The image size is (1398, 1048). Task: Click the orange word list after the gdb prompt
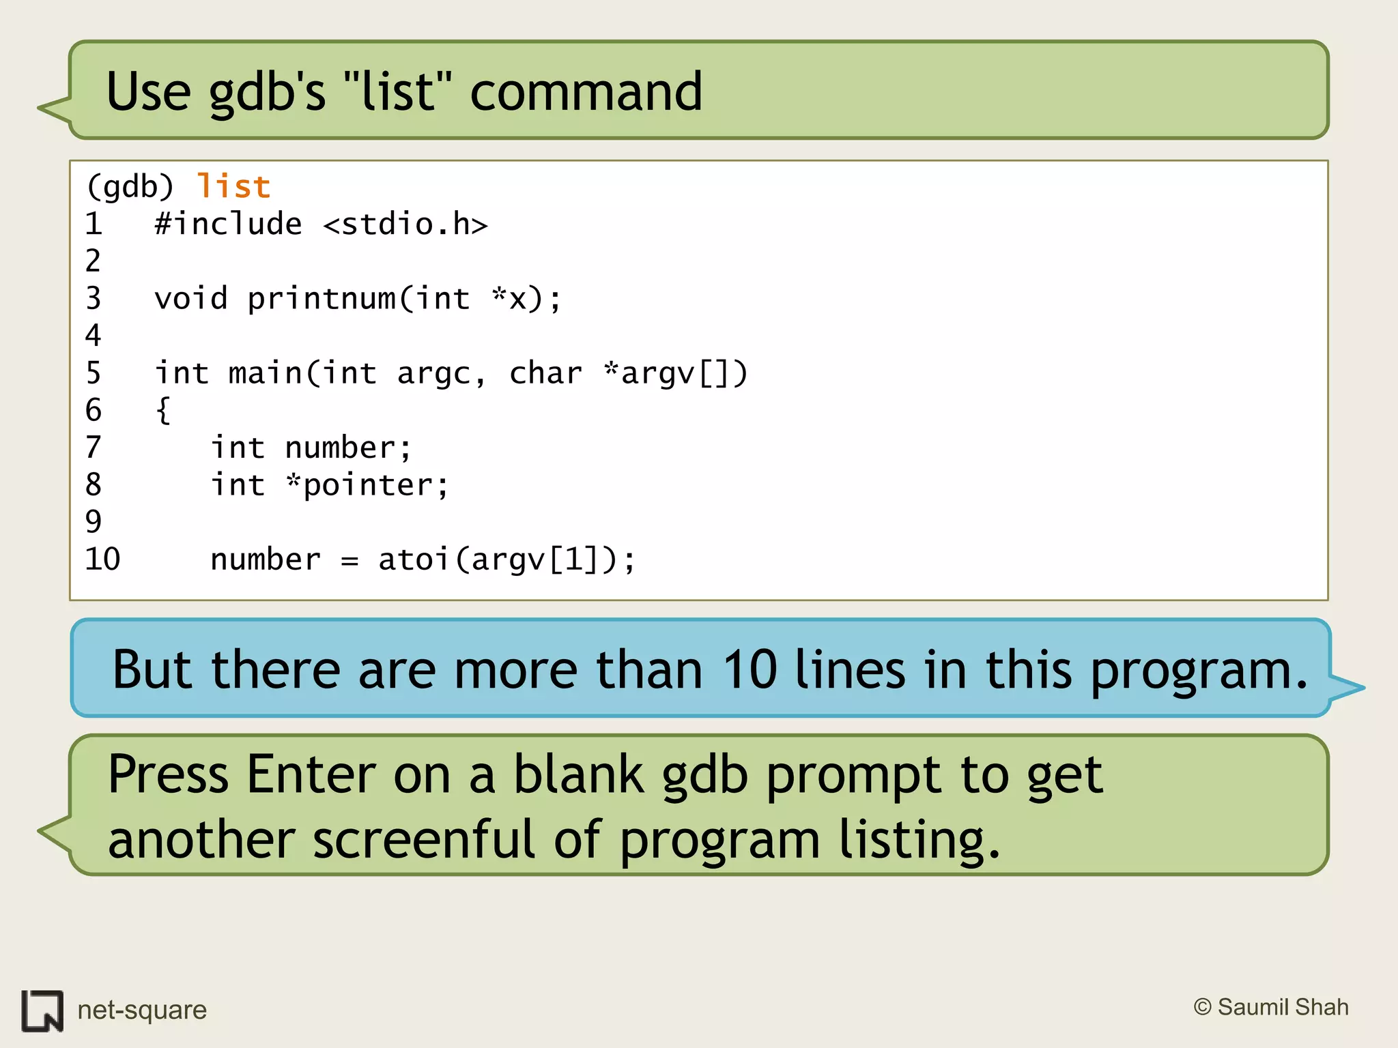coord(233,187)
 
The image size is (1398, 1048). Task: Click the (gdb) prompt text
coord(130,187)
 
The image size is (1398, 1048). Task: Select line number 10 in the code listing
coord(102,559)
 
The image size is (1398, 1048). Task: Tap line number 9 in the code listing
coord(94,522)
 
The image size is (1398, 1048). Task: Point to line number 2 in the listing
coord(94,261)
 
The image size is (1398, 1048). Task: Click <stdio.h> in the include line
coord(405,224)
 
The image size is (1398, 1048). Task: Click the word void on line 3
coord(191,299)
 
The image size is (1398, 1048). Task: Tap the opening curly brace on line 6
coord(163,411)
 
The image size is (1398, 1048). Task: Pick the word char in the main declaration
coord(545,373)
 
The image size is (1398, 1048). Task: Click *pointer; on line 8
coord(368,486)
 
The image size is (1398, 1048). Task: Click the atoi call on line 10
coord(414,559)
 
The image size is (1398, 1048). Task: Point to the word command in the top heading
coord(586,92)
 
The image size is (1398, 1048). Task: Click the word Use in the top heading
coord(148,92)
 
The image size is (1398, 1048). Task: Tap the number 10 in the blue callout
coord(750,670)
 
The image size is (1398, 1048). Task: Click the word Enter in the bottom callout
coord(311,774)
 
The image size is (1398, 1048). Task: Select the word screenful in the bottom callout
coord(423,839)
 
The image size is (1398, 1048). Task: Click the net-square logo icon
coord(42,1010)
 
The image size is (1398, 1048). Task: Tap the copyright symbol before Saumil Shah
coord(1202,1007)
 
